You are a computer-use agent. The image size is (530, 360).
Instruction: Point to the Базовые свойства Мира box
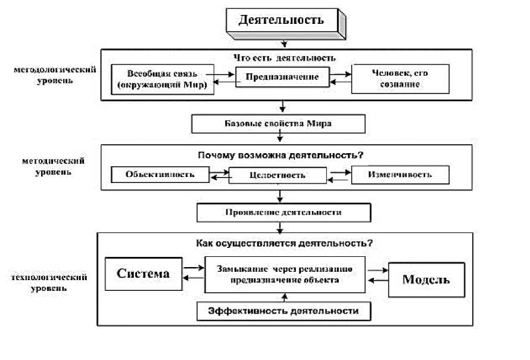pyautogui.click(x=277, y=124)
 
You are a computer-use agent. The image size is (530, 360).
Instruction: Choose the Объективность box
pyautogui.click(x=160, y=175)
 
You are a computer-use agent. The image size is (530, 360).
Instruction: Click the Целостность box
pyautogui.click(x=278, y=175)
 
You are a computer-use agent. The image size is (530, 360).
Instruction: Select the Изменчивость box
pyautogui.click(x=399, y=175)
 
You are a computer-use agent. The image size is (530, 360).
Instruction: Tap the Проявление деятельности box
pyautogui.click(x=283, y=213)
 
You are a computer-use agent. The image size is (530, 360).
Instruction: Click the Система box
pyautogui.click(x=143, y=274)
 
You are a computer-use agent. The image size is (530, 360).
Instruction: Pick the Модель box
pyautogui.click(x=426, y=280)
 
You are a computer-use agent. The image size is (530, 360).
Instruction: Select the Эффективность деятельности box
pyautogui.click(x=283, y=311)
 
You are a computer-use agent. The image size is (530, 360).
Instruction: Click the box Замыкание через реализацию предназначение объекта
pyautogui.click(x=284, y=274)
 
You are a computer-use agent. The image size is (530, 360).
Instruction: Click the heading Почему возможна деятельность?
pyautogui.click(x=280, y=155)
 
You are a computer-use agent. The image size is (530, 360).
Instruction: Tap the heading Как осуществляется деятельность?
pyautogui.click(x=284, y=243)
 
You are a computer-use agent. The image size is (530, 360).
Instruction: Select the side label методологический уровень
pyautogui.click(x=56, y=75)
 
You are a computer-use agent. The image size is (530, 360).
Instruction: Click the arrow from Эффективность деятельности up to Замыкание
pyautogui.click(x=284, y=297)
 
